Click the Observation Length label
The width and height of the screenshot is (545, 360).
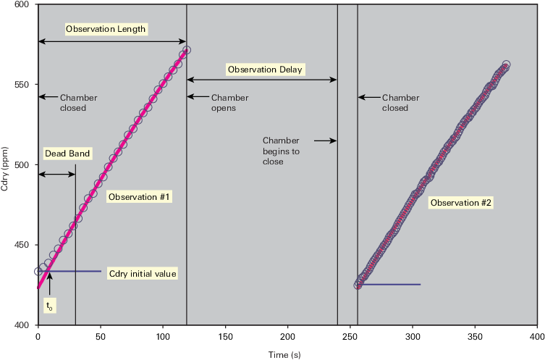point(106,29)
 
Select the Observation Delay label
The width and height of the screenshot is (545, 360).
point(265,70)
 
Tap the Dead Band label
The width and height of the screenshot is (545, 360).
point(67,154)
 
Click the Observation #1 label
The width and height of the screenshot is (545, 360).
point(139,197)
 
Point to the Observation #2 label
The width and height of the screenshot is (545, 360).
point(461,202)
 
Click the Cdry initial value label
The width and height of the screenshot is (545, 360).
point(143,274)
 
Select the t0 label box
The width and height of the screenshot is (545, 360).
point(50,306)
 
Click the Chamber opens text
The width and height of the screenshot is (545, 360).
point(229,103)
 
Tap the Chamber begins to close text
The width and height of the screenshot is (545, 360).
point(281,151)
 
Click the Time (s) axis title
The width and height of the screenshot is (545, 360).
point(284,354)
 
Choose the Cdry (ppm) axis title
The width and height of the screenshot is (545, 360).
point(4,169)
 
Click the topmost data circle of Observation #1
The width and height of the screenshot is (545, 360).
point(187,50)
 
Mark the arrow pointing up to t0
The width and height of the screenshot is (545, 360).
point(50,284)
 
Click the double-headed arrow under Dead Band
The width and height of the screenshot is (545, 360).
point(56,174)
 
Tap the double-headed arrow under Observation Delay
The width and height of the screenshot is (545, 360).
point(262,80)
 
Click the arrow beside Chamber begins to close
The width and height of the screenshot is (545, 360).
point(325,141)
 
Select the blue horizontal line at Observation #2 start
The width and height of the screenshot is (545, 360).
point(389,285)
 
